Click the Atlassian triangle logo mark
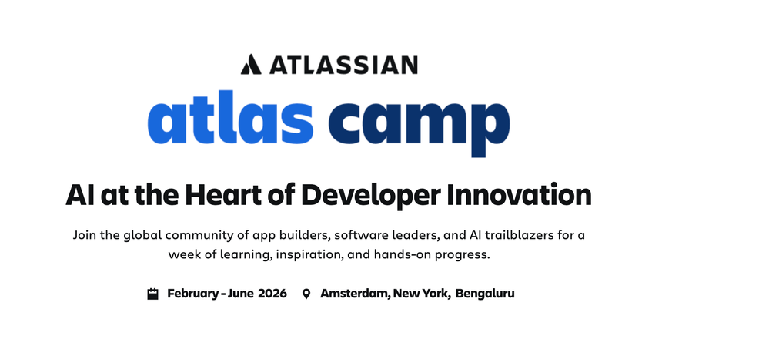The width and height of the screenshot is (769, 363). [251, 64]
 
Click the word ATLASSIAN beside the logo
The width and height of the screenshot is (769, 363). [343, 65]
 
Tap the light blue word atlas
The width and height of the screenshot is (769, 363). [230, 117]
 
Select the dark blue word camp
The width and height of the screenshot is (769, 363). [420, 123]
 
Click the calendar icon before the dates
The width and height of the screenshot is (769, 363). [153, 294]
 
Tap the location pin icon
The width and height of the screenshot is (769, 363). [306, 294]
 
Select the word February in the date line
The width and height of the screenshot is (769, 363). [192, 294]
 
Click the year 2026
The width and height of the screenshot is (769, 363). [272, 294]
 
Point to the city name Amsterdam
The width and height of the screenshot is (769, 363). [356, 294]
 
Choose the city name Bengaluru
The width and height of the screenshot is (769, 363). [484, 294]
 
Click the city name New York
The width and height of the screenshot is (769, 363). [421, 294]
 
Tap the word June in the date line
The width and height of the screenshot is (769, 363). [241, 294]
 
